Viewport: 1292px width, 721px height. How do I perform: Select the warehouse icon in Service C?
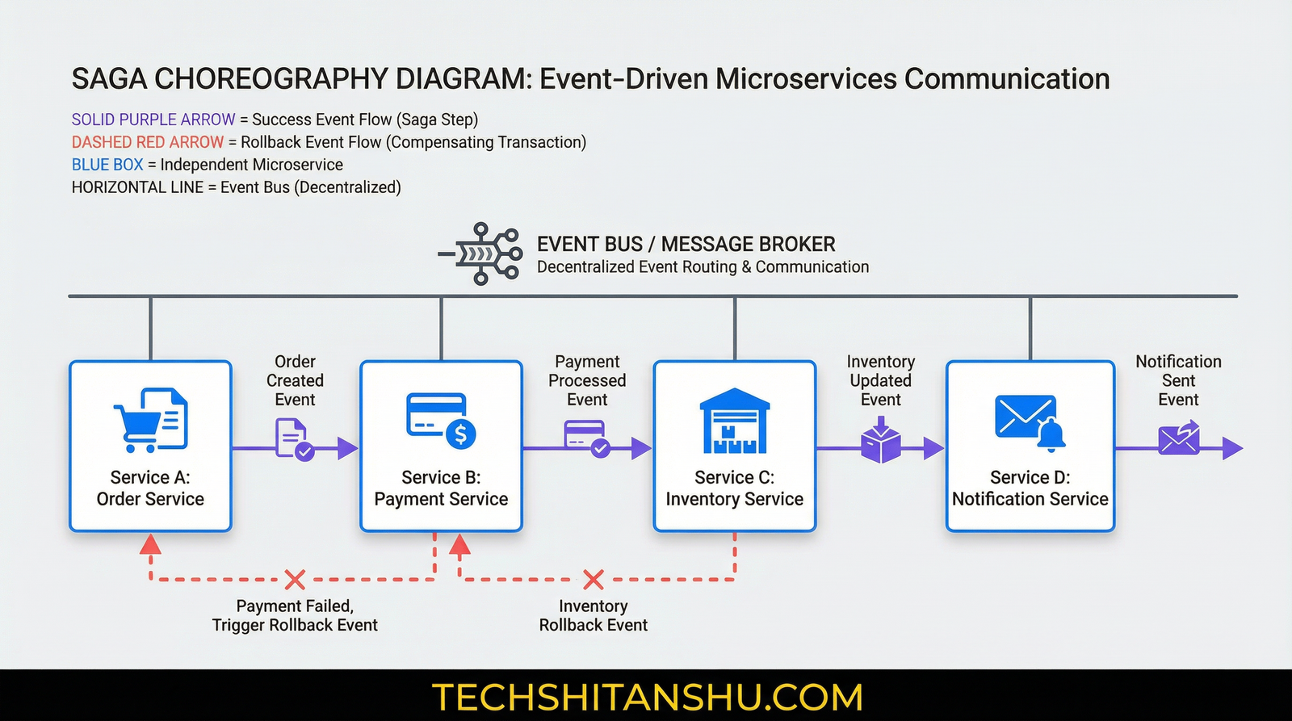click(x=734, y=421)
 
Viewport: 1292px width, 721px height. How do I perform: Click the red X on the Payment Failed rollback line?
click(x=296, y=579)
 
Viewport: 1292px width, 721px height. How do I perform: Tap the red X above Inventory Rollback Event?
click(x=594, y=579)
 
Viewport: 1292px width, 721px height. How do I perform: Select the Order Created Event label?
click(x=295, y=380)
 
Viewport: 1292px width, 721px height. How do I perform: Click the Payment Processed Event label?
click(x=587, y=380)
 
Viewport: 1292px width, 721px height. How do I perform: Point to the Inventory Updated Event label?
click(x=880, y=380)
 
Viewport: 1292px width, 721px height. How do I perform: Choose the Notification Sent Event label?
click(x=1178, y=380)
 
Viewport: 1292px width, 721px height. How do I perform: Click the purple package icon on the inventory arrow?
click(x=881, y=442)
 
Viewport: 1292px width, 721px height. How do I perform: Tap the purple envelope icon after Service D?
click(x=1179, y=438)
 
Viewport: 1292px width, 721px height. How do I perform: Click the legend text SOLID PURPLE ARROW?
click(x=153, y=119)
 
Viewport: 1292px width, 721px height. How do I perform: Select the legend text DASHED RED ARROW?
click(x=147, y=142)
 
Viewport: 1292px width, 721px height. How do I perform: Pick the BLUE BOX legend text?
click(x=107, y=165)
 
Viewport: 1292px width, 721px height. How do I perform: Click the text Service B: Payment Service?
click(x=441, y=488)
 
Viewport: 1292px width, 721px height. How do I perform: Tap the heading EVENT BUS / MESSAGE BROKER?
click(x=686, y=244)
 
